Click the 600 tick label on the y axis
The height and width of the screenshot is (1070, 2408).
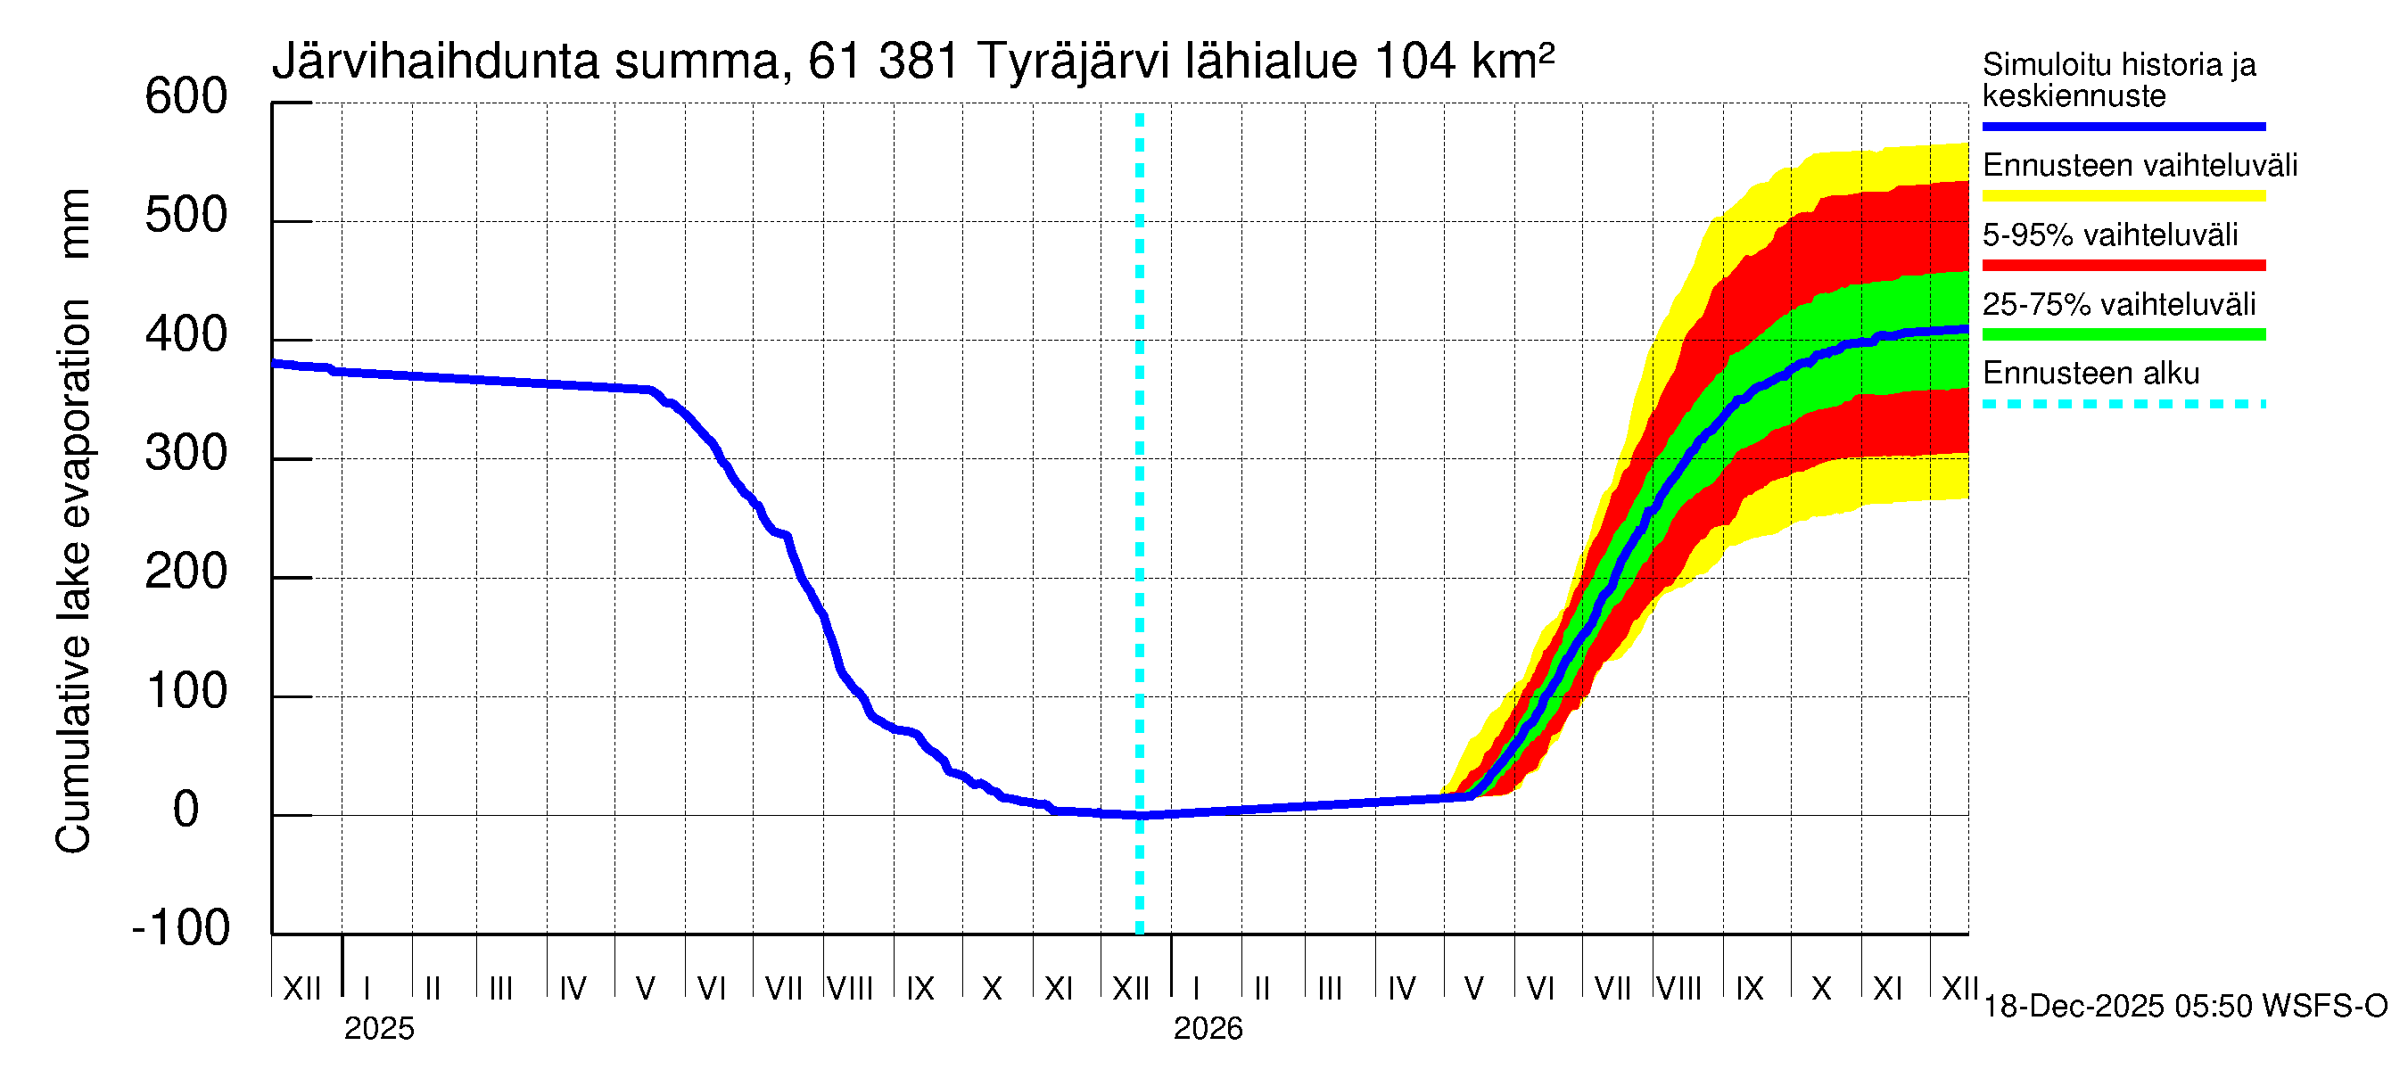coord(186,97)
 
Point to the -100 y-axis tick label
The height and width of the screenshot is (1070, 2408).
coord(181,928)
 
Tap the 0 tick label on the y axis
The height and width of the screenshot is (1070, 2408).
coord(186,810)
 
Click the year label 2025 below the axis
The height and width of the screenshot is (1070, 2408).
coord(378,1029)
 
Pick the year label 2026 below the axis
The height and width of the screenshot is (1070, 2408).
coord(1208,1029)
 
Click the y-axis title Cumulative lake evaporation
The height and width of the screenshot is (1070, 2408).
coord(73,576)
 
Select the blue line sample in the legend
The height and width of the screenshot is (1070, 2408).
coord(2123,126)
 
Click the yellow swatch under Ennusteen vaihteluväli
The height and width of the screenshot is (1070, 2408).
coord(2123,196)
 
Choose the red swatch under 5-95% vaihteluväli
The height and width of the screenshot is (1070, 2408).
coord(2123,266)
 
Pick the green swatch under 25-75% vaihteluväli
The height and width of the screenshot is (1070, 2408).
coord(2123,334)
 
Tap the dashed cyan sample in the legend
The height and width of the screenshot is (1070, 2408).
coord(2123,405)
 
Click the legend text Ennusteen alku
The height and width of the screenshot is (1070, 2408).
coord(2091,374)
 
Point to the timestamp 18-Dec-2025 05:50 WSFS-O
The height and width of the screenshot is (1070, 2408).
coord(2184,1007)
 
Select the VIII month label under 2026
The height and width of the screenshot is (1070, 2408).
coord(1678,989)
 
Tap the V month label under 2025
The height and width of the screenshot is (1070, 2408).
coord(645,989)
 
